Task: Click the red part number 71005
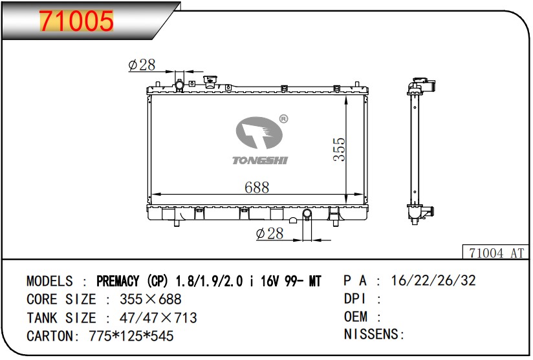pos(76,21)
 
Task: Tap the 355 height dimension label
pos(339,149)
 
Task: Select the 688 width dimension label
pos(257,187)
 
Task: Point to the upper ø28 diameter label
pos(142,65)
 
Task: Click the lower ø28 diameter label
pos(270,234)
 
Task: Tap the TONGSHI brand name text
pos(260,160)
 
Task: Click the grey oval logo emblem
pos(259,132)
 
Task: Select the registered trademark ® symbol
pos(283,119)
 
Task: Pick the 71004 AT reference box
pos(496,252)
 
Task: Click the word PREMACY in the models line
pos(118,281)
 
